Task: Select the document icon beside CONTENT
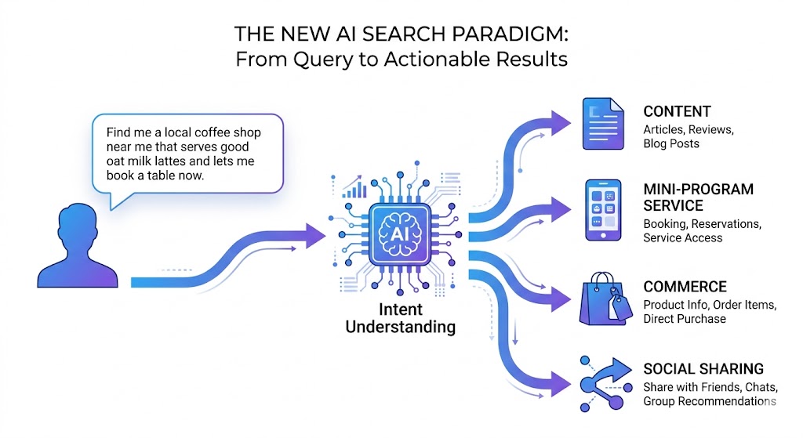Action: (x=601, y=123)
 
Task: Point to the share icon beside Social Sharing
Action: (x=606, y=383)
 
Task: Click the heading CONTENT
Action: (x=677, y=111)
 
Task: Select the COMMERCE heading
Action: (x=685, y=287)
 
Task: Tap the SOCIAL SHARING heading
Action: (x=703, y=369)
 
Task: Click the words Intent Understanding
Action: (x=401, y=317)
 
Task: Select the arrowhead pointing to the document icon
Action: (x=562, y=122)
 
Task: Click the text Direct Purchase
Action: (x=685, y=319)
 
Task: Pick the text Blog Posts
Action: (x=671, y=143)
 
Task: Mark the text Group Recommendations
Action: (x=709, y=402)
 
